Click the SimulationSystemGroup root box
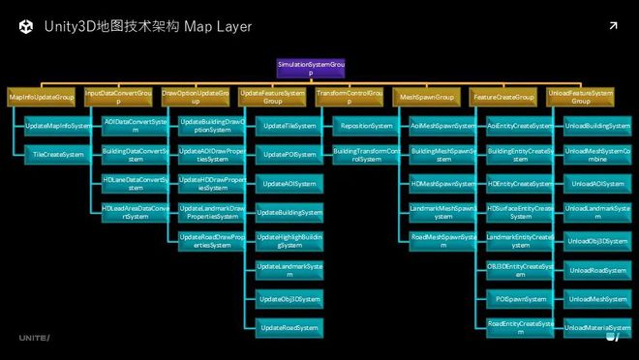click(x=310, y=69)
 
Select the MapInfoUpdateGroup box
click(x=42, y=98)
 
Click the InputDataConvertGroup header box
click(x=118, y=98)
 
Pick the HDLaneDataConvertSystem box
click(x=135, y=183)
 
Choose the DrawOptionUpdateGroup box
click(x=195, y=98)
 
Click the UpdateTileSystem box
click(x=288, y=126)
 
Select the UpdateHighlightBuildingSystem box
click(x=288, y=241)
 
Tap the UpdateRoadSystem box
click(x=288, y=328)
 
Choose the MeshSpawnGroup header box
click(x=426, y=98)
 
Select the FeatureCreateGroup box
click(x=503, y=98)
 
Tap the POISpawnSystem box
click(x=520, y=299)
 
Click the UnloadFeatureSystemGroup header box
click(x=580, y=98)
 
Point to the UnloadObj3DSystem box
click(x=596, y=241)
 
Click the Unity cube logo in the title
click(x=25, y=26)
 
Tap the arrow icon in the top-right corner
click(x=613, y=25)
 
